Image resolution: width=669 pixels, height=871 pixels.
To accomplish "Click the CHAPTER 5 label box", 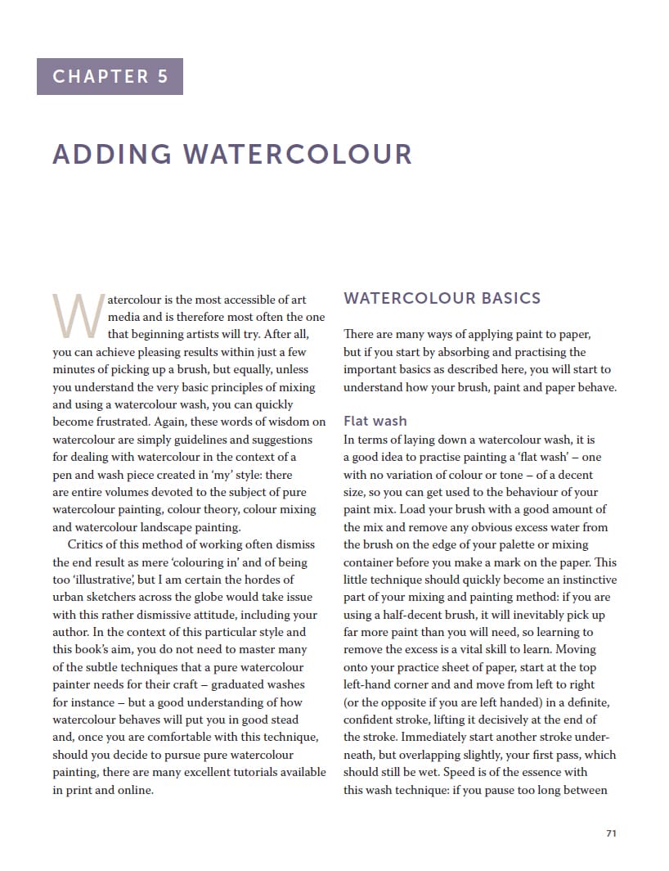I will (x=110, y=76).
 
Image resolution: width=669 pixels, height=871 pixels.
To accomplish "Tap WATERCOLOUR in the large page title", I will (x=298, y=154).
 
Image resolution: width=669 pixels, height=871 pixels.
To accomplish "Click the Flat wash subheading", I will (x=375, y=421).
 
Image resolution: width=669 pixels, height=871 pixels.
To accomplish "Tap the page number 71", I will (x=611, y=833).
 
